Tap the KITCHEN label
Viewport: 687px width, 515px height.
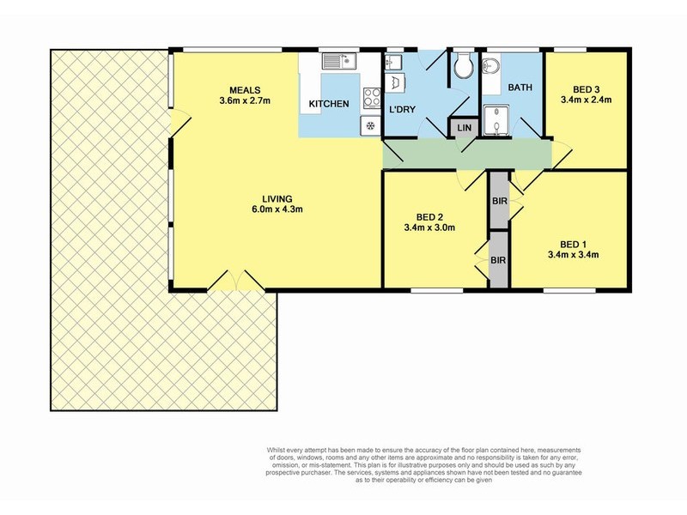pos(329,105)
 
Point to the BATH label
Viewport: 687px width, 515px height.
pos(520,88)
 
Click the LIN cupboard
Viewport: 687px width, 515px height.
pos(465,128)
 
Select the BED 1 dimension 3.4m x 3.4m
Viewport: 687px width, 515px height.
pos(573,254)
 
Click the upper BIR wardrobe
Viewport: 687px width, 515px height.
pos(499,202)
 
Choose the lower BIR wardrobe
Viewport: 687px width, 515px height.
pos(498,260)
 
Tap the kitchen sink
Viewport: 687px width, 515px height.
pos(339,61)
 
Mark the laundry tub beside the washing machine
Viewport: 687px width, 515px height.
pos(393,62)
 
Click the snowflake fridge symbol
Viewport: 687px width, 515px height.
pos(370,126)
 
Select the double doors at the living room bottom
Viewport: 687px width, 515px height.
pos(236,281)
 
